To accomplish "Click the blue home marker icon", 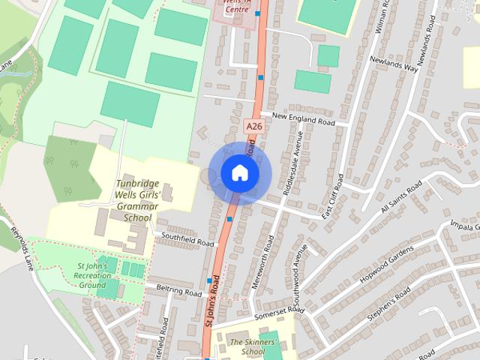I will (x=239, y=173).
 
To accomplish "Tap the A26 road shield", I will (x=253, y=127).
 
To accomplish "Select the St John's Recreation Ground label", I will (x=93, y=275).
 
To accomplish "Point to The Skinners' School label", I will (x=247, y=346).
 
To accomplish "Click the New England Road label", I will (x=303, y=118).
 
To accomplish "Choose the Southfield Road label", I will (x=184, y=239).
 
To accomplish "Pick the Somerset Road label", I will (x=279, y=313).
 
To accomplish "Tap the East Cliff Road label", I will (x=332, y=197).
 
